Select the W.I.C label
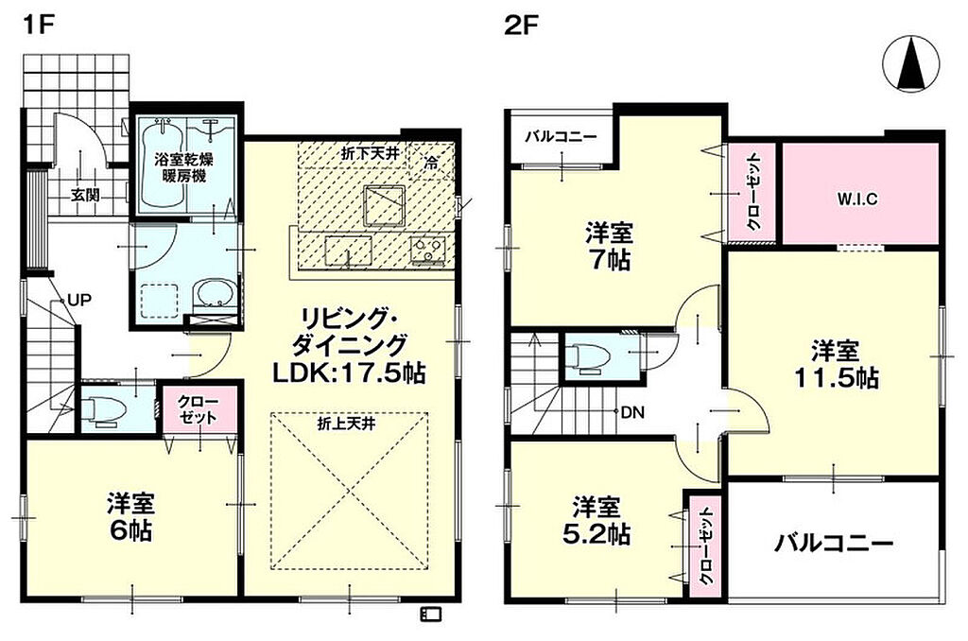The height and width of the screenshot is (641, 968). pos(857,199)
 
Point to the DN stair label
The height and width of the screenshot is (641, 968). pos(632,412)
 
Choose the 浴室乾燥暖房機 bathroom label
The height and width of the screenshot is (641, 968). pos(183,168)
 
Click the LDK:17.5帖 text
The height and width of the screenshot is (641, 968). pos(349,372)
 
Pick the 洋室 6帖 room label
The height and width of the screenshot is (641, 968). pos(130,517)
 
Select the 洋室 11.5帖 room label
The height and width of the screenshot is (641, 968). pos(836,364)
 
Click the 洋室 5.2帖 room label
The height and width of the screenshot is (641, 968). pos(596,520)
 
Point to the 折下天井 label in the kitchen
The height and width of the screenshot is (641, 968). pos(371,153)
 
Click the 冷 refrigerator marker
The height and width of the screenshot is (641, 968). pos(431,162)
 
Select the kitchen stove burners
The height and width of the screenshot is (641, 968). pos(428,251)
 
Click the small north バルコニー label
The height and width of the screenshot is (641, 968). pos(562,136)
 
